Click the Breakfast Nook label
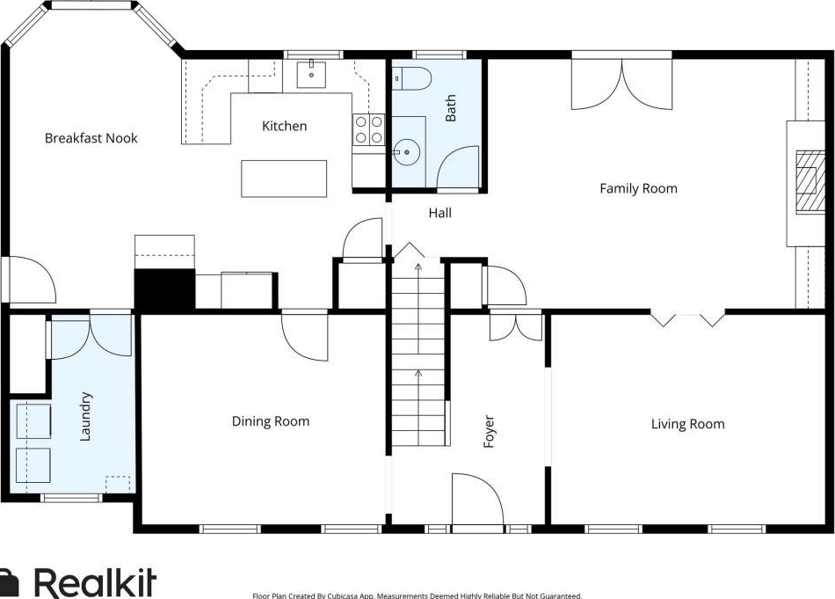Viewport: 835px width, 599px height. tap(91, 139)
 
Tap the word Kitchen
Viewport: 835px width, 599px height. tap(285, 127)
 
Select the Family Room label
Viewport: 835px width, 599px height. tap(638, 188)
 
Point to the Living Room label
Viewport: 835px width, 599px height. tap(687, 424)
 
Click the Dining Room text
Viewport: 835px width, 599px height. tap(271, 421)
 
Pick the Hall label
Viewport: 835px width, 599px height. tap(439, 213)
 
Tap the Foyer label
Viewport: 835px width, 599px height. tap(489, 432)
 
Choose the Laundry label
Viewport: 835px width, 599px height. tap(85, 417)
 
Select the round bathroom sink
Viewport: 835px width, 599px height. tap(407, 152)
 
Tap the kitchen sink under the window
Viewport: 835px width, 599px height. tap(311, 75)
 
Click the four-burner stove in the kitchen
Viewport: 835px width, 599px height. tap(368, 129)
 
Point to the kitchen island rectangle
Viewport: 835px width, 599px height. tap(284, 179)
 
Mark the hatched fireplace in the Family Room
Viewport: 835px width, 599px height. tap(807, 182)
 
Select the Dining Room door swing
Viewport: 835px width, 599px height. tap(305, 338)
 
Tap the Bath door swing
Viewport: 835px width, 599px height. tap(458, 167)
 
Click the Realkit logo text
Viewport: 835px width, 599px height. tap(96, 582)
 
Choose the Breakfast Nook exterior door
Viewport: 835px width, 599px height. tap(29, 281)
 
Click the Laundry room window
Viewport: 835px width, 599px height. tap(71, 498)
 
